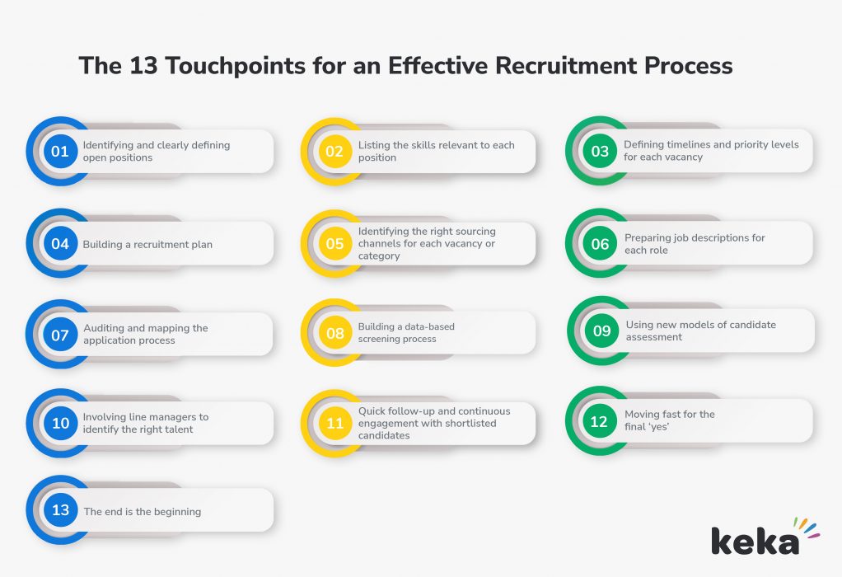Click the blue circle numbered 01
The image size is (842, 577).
[60, 152]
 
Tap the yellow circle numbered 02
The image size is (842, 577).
[334, 152]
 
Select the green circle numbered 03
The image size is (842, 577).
[600, 151]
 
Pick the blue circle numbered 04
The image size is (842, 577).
[60, 243]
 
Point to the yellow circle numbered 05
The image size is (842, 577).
[334, 243]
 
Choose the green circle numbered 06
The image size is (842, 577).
[600, 243]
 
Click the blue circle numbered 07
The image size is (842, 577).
[60, 334]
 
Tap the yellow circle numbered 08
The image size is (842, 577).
[334, 332]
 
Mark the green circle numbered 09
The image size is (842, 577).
[602, 331]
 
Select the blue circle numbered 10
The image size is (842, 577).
[60, 424]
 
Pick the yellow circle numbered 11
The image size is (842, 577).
[334, 424]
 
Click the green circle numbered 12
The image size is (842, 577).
[600, 421]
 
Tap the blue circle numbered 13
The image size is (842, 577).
[60, 510]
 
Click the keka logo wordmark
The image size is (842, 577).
[755, 541]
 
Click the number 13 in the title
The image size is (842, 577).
[143, 66]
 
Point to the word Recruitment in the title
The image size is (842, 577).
[565, 66]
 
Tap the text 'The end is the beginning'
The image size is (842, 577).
[143, 511]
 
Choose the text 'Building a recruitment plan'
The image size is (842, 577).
[147, 245]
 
